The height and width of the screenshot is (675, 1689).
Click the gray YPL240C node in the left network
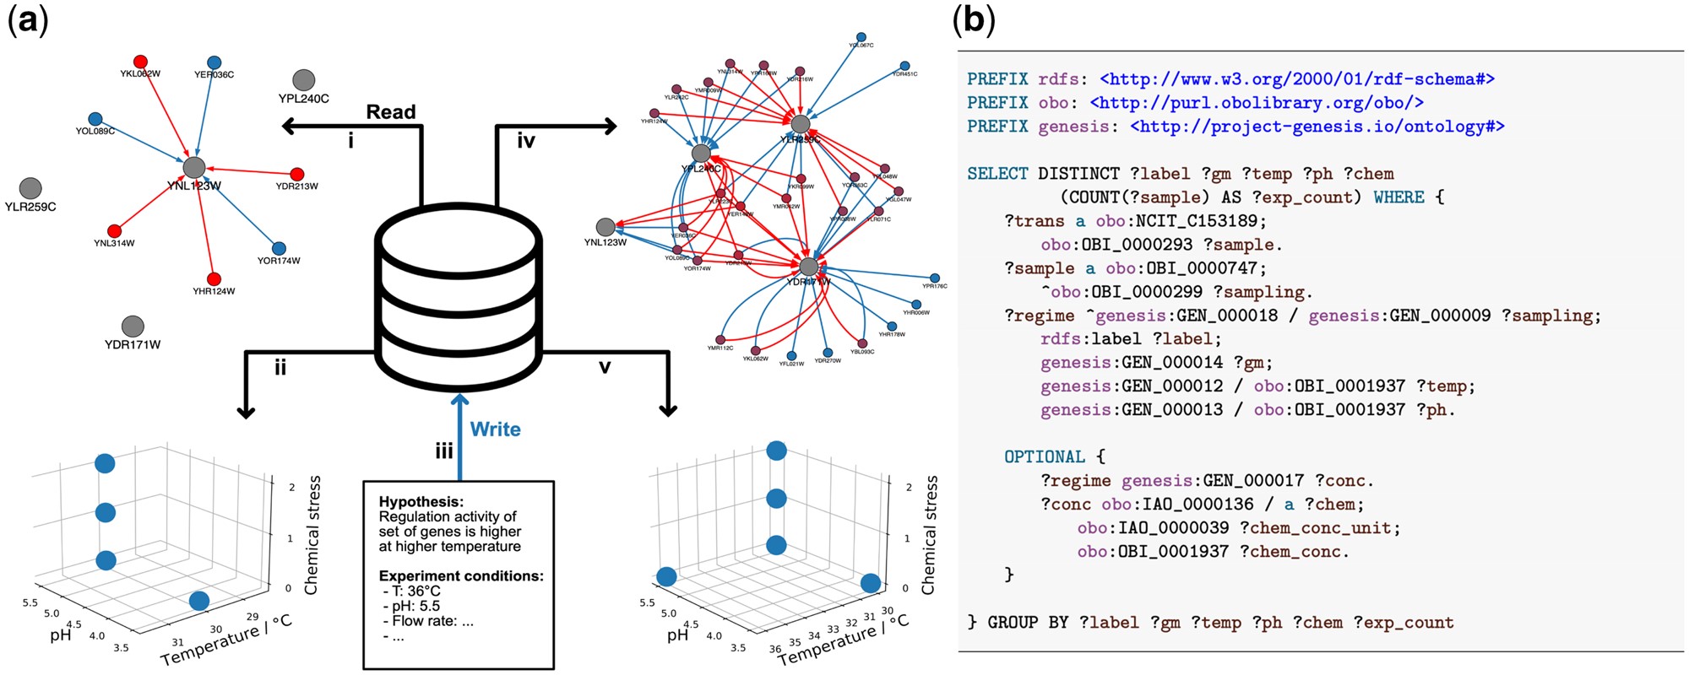tap(304, 80)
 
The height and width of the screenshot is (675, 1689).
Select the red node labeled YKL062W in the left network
tap(141, 62)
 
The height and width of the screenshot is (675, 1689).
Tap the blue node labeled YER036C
tap(215, 62)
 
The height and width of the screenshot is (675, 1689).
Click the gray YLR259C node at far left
tap(30, 187)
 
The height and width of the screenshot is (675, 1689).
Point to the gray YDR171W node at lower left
tap(133, 326)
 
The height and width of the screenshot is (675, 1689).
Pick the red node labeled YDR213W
tap(296, 174)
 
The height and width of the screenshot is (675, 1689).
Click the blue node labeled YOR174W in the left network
tap(280, 249)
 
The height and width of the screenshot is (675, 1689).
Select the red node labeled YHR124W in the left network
tap(214, 279)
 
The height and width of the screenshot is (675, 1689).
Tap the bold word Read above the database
tap(391, 112)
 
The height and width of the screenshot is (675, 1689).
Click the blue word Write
tap(495, 429)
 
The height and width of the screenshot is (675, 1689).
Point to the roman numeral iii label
tap(444, 452)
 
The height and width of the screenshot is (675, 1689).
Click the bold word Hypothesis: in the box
tap(421, 502)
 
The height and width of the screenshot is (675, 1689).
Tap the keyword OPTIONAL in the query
tap(1044, 457)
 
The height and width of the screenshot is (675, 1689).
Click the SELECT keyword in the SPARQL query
tap(997, 174)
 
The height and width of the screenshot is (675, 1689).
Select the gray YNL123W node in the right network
tap(606, 227)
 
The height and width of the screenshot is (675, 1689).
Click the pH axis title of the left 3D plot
tap(60, 634)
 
